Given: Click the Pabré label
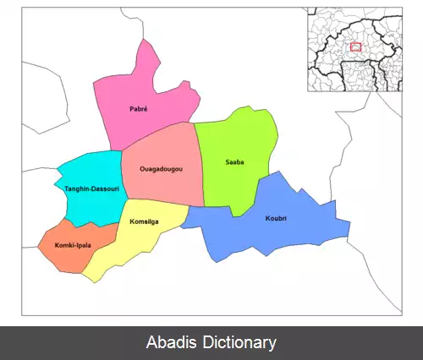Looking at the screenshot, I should click(x=140, y=110).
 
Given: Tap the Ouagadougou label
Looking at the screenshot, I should click(x=162, y=169).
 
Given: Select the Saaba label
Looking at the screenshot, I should click(x=235, y=161).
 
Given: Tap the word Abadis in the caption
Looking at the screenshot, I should click(x=168, y=343).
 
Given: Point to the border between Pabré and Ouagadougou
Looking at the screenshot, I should click(x=157, y=133).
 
